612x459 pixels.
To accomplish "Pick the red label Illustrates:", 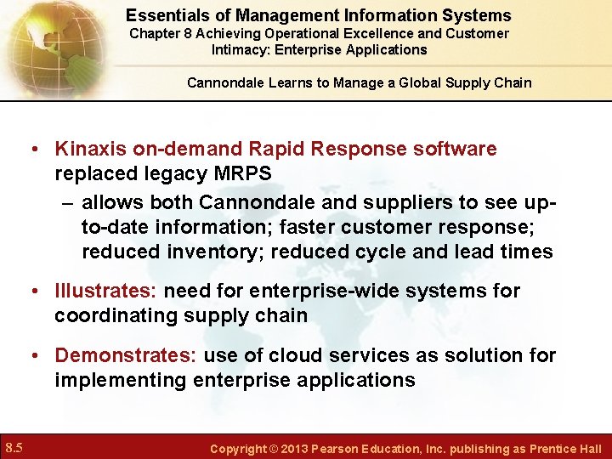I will point(105,291).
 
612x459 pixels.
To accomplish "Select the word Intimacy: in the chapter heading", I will point(242,49).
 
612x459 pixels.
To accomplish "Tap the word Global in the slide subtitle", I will point(420,82).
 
